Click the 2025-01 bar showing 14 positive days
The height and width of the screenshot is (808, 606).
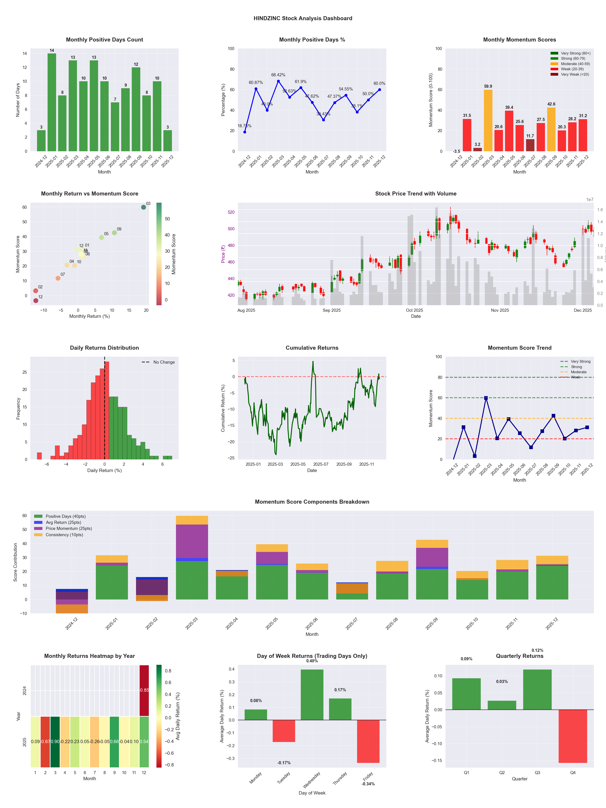pos(52,102)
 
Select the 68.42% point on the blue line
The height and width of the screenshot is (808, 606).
pos(278,81)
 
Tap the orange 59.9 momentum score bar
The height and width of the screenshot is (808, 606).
pos(488,121)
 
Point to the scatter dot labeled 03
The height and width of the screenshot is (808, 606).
pos(144,207)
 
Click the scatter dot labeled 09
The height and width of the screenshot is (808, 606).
pos(114,233)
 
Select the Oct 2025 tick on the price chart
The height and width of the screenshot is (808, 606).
pos(414,310)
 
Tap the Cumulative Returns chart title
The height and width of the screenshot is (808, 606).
pos(312,348)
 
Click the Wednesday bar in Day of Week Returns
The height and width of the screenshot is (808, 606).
pos(312,695)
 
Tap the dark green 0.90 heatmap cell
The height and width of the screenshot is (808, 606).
pos(55,742)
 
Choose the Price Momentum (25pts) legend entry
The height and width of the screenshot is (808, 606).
pos(69,529)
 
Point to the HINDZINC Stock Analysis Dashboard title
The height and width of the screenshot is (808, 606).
pos(303,18)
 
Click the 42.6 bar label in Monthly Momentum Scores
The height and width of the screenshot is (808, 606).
pos(551,104)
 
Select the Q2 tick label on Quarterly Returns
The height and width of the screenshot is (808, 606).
pos(502,773)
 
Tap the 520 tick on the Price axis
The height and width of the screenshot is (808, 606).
pos(231,212)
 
